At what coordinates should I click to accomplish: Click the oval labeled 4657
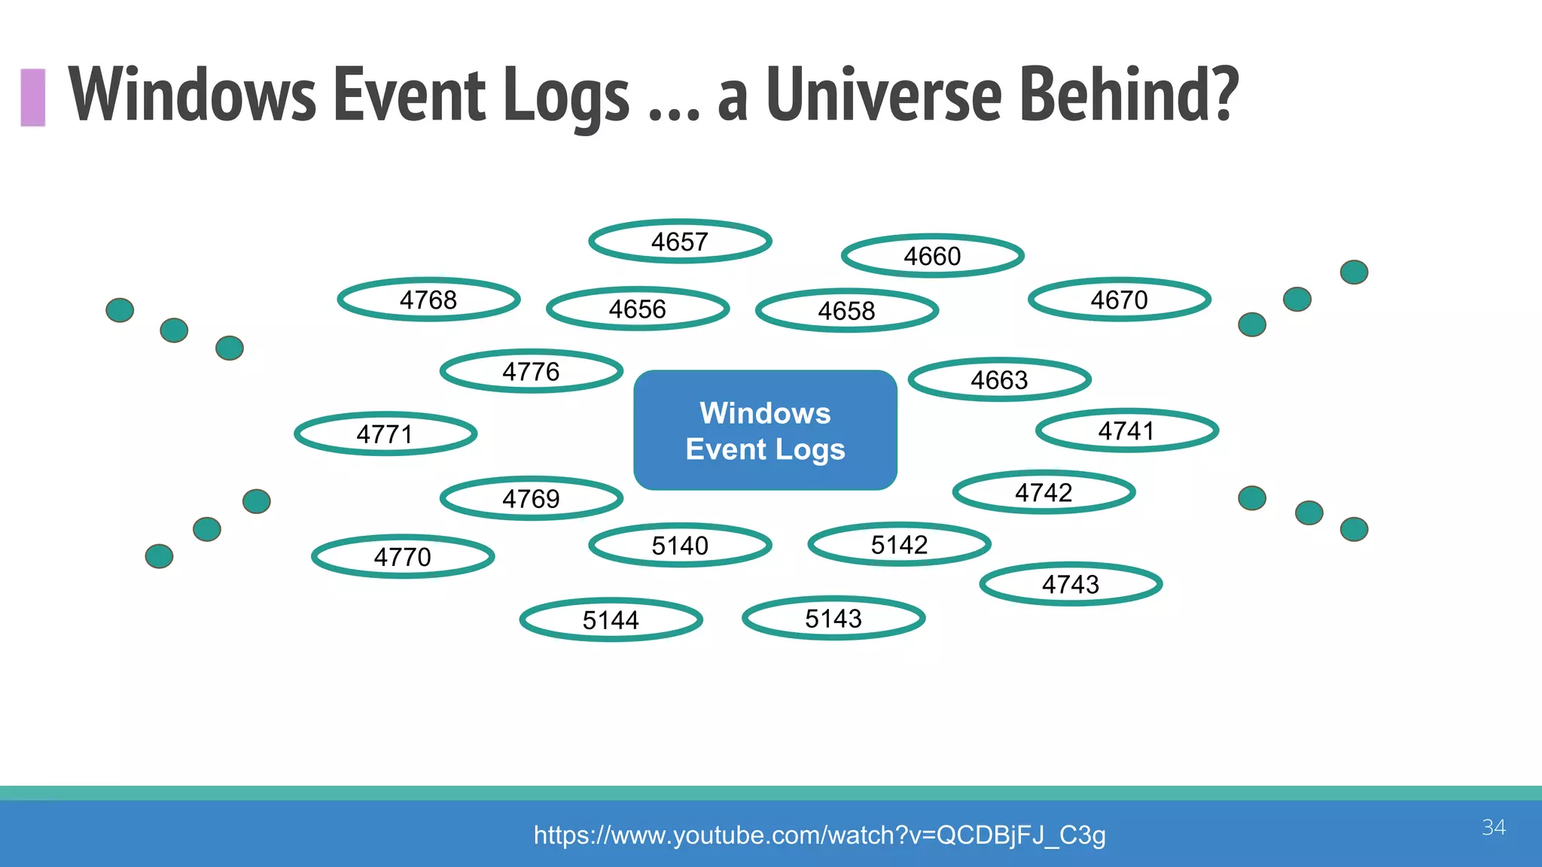pos(680,242)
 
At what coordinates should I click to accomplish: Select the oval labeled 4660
pos(932,256)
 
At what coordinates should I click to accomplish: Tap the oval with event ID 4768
pos(428,300)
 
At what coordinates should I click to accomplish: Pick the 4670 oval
pos(1119,300)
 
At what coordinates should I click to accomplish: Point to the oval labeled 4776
pos(531,371)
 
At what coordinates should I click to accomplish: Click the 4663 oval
pos(999,379)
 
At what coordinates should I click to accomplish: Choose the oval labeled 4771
pos(385,433)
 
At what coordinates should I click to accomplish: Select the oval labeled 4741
pos(1126,430)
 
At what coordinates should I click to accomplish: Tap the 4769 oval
pos(531,498)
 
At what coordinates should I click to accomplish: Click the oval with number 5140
pos(680,545)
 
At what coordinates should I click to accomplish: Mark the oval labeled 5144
pos(611,619)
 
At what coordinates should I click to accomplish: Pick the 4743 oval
pos(1070,584)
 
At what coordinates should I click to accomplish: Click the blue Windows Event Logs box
pos(765,430)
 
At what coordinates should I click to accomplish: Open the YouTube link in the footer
pos(819,835)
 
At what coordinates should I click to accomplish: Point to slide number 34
pos(1493,827)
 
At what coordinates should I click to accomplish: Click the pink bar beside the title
pos(33,97)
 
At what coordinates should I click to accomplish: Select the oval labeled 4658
pos(846,310)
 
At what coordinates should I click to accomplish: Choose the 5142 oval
pos(899,544)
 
